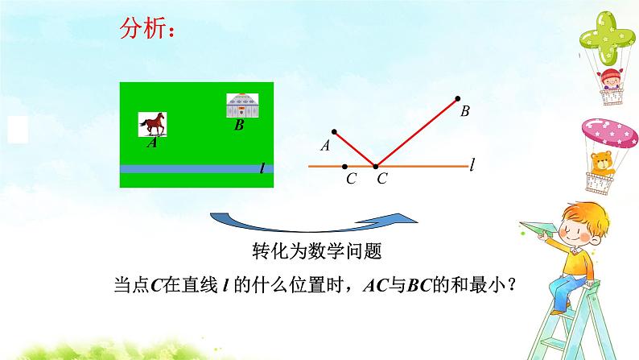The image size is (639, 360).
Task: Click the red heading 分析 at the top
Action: click(146, 30)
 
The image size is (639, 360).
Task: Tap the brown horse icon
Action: click(152, 124)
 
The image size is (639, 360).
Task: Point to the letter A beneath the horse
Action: click(151, 143)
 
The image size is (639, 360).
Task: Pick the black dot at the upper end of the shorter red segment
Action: click(332, 131)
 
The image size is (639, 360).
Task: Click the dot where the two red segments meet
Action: click(376, 167)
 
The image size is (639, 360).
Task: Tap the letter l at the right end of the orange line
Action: click(473, 166)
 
